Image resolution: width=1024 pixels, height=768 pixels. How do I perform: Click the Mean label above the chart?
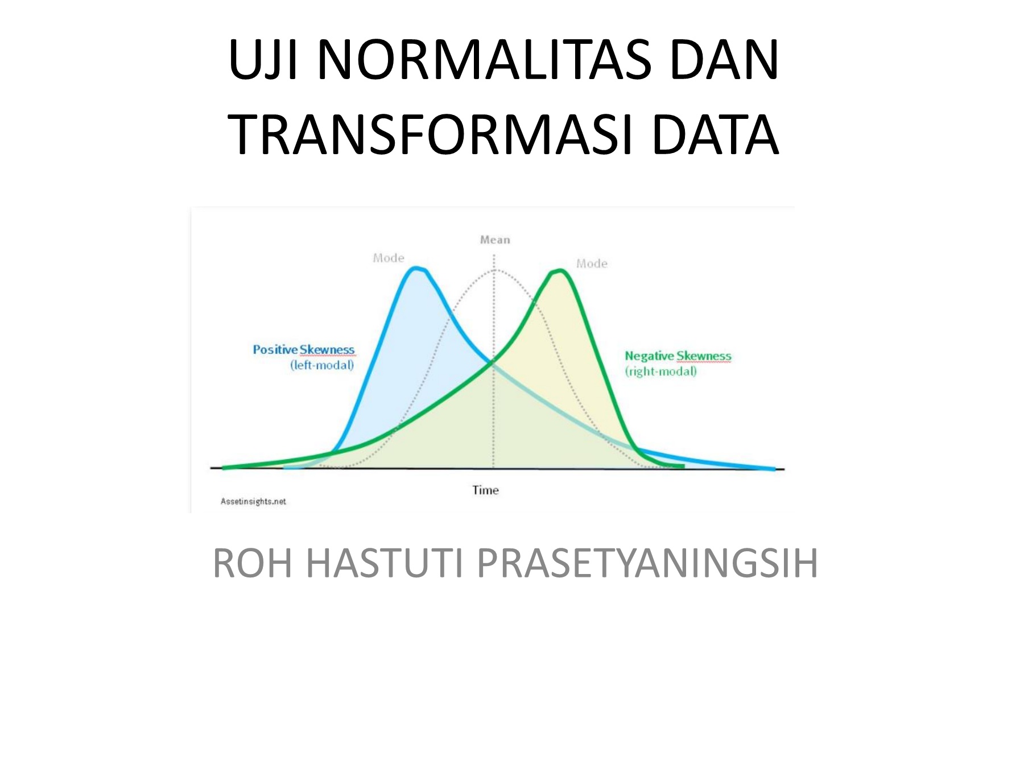coord(495,240)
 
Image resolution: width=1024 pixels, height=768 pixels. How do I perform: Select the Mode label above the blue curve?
coord(389,258)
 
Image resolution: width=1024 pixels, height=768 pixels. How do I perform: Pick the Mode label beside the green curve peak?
coord(592,263)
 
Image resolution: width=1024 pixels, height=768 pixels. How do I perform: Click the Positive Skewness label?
coord(304,349)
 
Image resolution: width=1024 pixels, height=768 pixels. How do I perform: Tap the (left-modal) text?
coord(322,365)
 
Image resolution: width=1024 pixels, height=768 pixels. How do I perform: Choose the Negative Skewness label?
coord(678,356)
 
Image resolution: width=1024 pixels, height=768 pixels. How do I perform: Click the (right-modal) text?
coord(660,371)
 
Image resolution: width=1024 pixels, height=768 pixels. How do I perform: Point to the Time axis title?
coord(485,490)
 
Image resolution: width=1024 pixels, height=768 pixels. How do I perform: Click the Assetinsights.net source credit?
coord(253,501)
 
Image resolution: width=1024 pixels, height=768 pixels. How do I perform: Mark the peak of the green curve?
coord(559,271)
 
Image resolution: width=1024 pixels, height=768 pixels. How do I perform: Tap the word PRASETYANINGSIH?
coord(647,563)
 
